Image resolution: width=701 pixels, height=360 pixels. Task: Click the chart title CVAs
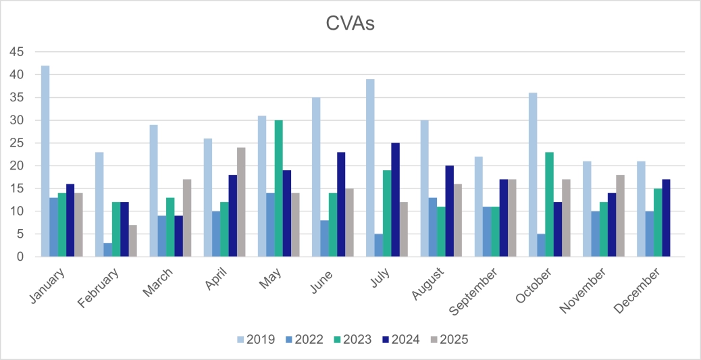tap(350, 24)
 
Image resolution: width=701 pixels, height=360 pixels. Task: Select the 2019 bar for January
tap(45, 161)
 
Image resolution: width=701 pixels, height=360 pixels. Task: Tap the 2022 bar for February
tap(107, 250)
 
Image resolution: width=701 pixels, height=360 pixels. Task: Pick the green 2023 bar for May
tap(278, 188)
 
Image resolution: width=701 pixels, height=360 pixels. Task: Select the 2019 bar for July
tap(370, 168)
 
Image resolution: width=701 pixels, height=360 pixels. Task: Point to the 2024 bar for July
tap(395, 200)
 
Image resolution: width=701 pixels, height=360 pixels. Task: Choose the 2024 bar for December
tap(666, 218)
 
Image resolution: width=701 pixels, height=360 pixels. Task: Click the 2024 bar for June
tap(341, 205)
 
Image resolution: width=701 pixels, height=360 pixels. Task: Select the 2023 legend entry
tap(350, 339)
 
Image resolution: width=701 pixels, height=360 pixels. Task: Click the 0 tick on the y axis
tap(20, 257)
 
